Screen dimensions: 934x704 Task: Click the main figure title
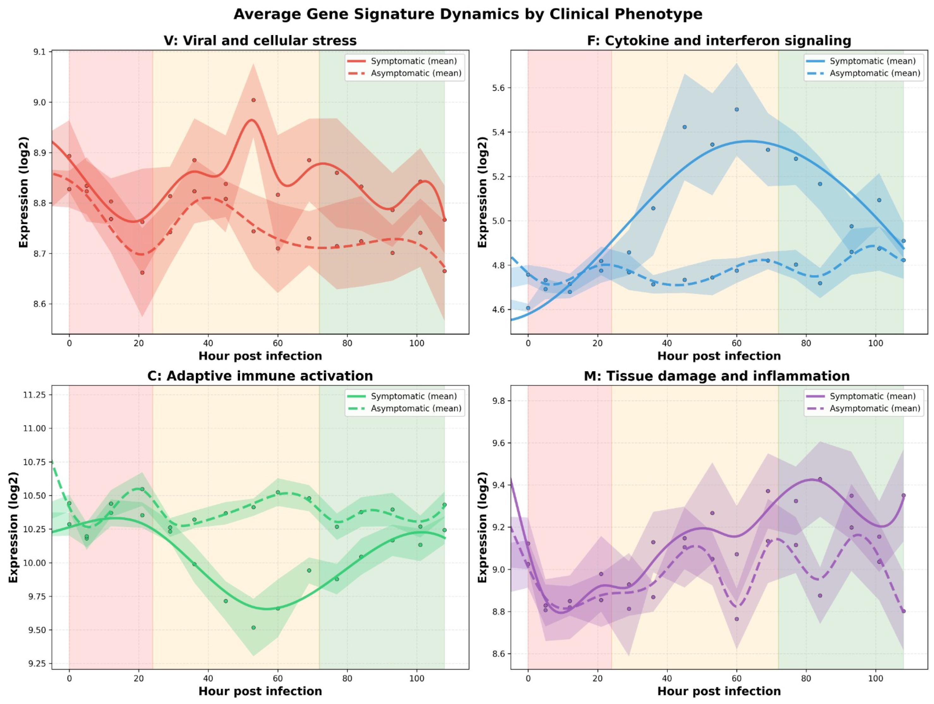click(x=467, y=14)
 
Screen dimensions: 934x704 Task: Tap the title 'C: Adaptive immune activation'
click(x=260, y=376)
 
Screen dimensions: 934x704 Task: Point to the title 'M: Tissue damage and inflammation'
click(x=717, y=376)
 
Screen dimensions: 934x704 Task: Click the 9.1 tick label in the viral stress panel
click(x=40, y=52)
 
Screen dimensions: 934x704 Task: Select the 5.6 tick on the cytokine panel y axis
click(x=499, y=88)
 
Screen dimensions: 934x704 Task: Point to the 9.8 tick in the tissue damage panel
click(x=499, y=401)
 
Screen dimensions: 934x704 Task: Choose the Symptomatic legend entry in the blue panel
click(x=861, y=61)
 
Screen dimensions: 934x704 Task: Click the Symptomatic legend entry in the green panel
click(x=402, y=396)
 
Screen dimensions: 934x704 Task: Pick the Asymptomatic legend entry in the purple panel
click(x=863, y=409)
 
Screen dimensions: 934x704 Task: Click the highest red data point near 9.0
click(x=253, y=100)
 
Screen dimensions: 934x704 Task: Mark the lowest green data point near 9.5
click(x=253, y=628)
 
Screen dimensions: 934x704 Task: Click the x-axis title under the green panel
click(x=260, y=691)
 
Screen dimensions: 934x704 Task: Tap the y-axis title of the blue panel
click(x=482, y=192)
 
